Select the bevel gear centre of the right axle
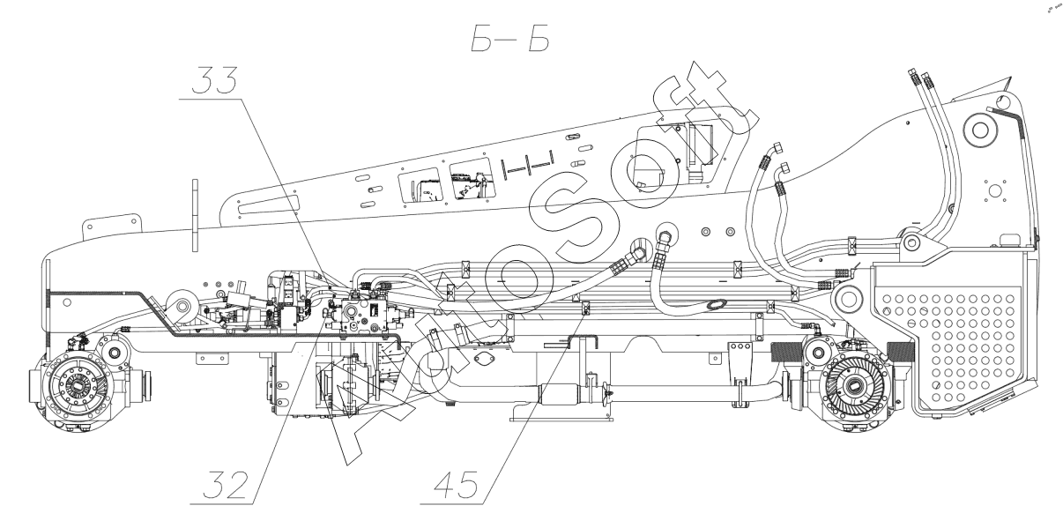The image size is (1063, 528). point(860,384)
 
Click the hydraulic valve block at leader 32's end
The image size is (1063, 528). point(365,315)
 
